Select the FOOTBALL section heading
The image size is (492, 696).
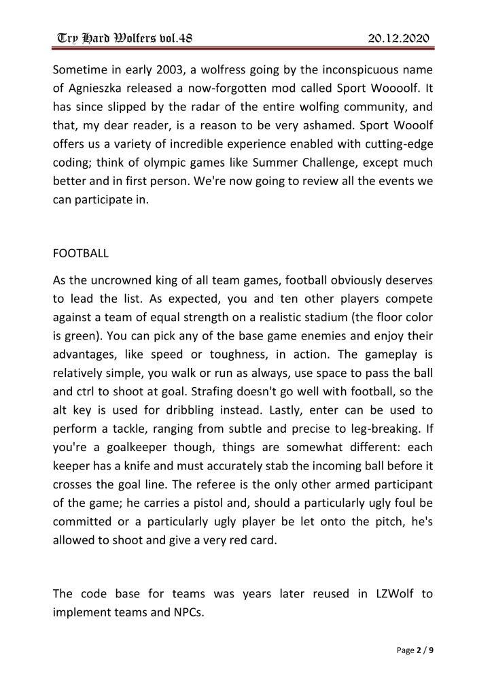coord(80,253)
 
